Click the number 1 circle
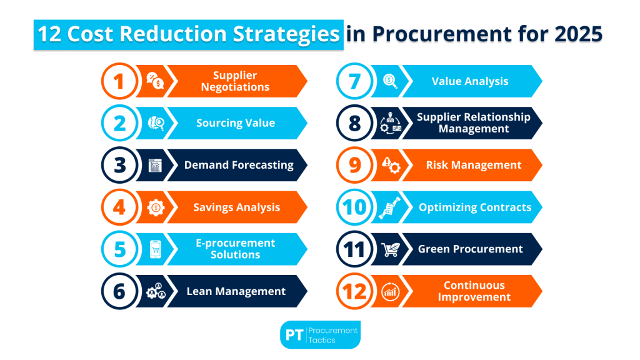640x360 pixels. pos(118,81)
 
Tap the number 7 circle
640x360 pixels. pos(354,81)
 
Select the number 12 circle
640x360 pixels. pos(354,291)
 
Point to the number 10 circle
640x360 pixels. pos(354,207)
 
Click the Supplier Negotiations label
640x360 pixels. pos(235,81)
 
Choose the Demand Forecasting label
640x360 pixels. pos(239,165)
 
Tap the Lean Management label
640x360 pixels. pos(236,291)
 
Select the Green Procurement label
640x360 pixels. pos(470,249)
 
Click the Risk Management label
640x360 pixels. pos(473,165)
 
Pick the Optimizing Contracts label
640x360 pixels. pos(474,207)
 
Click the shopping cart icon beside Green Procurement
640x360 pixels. pos(390,249)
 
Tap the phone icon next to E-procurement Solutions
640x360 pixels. pos(155,249)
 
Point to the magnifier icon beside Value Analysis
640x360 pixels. pos(391,81)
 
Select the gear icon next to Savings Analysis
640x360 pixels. pos(155,207)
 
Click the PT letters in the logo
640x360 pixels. pos(294,335)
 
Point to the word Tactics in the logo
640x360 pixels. pos(322,340)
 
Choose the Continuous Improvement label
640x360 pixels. pos(474,291)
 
